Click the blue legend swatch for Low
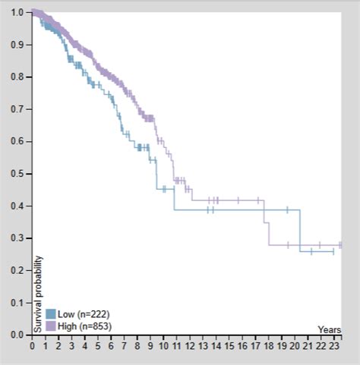[x=51, y=313]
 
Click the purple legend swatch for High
[x=51, y=326]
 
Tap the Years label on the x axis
[x=330, y=329]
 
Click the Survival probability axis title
[x=37, y=293]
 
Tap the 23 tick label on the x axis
[x=334, y=345]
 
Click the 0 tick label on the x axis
[x=32, y=345]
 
